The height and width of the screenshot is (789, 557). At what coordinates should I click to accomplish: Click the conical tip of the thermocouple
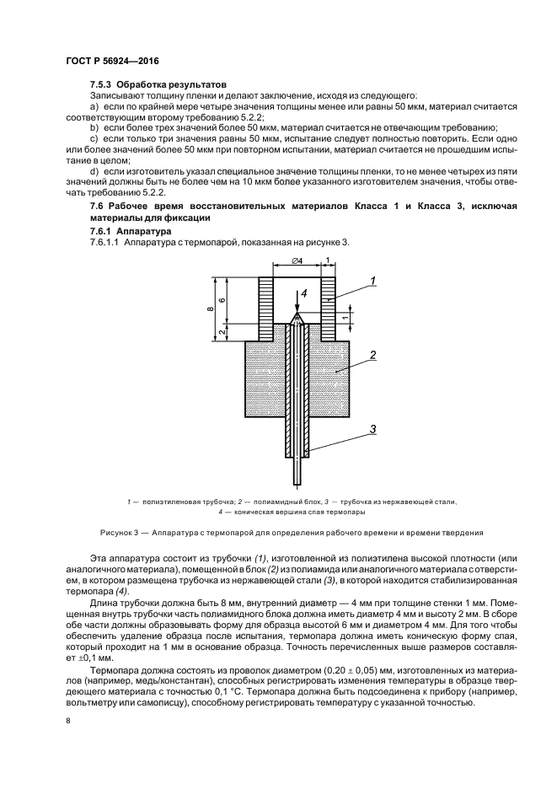tap(296, 318)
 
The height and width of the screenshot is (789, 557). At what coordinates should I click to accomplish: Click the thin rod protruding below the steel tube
tap(296, 469)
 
